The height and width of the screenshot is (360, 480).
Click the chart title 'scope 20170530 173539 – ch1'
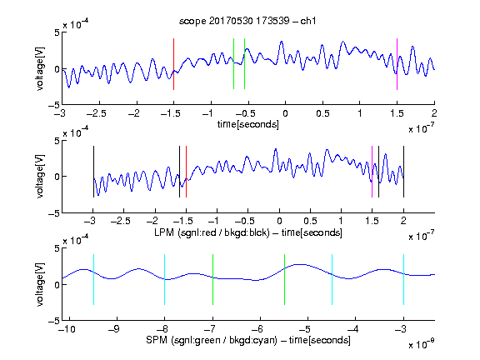pos(247,21)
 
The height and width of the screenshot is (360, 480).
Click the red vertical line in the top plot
pos(173,64)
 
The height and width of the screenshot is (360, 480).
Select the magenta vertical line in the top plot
pos(397,64)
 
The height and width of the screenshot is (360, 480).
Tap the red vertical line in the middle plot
pos(186,172)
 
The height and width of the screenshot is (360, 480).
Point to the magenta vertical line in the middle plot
pos(372,172)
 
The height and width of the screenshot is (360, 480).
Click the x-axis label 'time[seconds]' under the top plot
pos(248,124)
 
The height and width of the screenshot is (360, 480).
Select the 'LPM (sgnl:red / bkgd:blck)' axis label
pos(212,232)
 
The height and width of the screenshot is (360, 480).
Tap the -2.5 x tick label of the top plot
pos(97,113)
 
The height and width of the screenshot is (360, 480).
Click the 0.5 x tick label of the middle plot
pos(310,221)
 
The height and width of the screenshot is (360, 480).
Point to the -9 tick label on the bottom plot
pos(114,329)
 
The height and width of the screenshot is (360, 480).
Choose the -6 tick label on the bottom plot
pos(257,329)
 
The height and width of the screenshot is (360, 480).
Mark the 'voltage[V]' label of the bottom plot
pos(40,284)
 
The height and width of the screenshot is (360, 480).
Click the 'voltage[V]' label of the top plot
pos(40,69)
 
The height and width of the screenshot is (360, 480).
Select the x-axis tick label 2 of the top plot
pos(434,113)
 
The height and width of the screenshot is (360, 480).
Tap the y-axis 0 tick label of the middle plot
pos(57,177)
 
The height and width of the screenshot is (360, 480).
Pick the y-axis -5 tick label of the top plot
pos(54,105)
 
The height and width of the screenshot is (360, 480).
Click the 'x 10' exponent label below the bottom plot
pos(421,344)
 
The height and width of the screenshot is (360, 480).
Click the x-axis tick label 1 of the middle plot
pos(341,221)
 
